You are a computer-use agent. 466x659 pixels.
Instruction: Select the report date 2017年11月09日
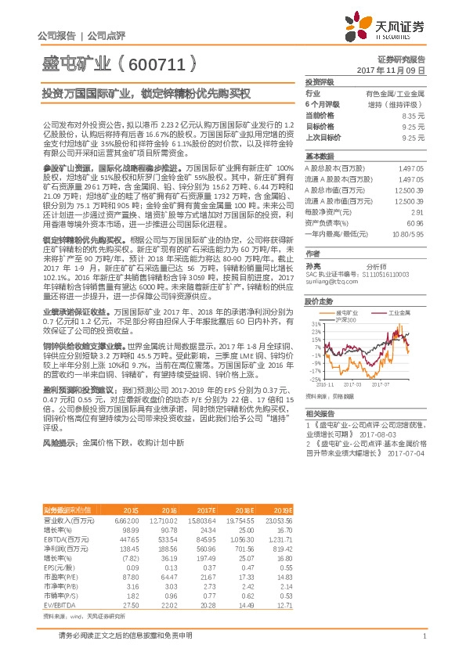coord(390,70)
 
